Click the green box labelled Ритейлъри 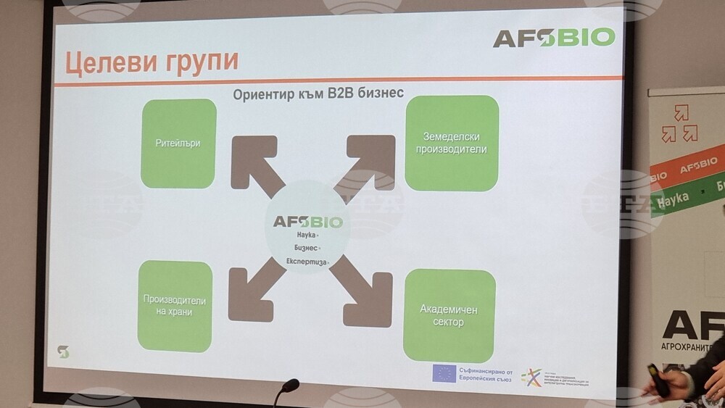178,143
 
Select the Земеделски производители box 452,143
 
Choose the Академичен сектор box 449,315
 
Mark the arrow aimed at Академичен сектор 365,293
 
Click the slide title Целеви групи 152,62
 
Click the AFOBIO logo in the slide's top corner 554,37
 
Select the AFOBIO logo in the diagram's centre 308,221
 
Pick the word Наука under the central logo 307,236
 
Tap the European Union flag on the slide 444,372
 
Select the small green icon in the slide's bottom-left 63,351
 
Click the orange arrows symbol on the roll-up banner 679,124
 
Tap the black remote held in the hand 658,380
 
